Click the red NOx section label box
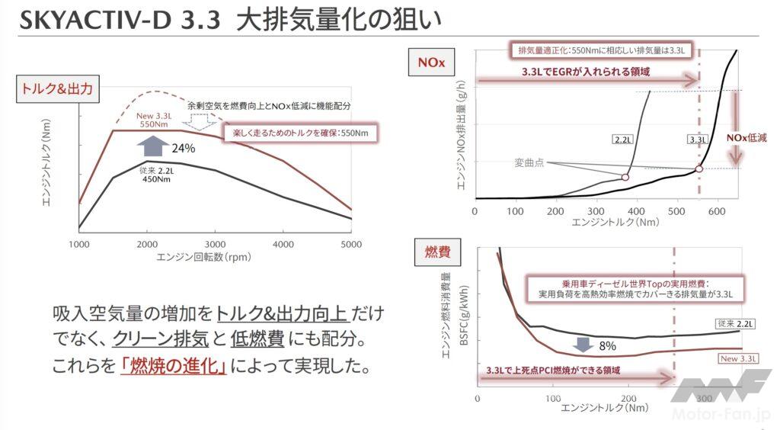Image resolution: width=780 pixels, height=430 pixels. [431, 63]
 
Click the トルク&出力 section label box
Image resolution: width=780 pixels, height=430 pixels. [56, 88]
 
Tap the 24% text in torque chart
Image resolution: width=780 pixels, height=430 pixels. [184, 149]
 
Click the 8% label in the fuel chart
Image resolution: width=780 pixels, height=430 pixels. [607, 345]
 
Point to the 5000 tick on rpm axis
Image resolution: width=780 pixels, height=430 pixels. [351, 244]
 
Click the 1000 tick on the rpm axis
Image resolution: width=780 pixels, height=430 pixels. [79, 244]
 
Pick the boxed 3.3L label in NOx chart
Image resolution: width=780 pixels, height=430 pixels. [697, 140]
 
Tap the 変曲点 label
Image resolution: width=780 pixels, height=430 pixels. [529, 162]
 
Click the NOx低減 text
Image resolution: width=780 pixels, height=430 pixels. [746, 138]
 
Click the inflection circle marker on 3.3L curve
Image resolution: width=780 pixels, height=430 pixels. [699, 168]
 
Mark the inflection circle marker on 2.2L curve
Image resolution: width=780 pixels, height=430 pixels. [625, 177]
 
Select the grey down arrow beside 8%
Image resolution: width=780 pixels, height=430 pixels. [583, 344]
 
